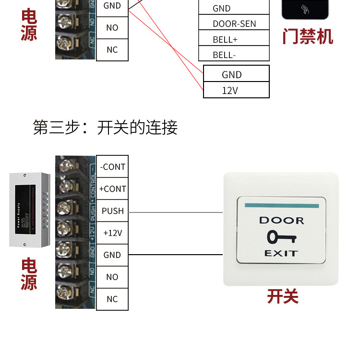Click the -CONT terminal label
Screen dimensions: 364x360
pyautogui.click(x=112, y=167)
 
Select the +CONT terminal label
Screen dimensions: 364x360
pyautogui.click(x=112, y=189)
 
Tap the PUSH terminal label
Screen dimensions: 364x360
pyautogui.click(x=112, y=211)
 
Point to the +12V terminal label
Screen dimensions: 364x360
pyautogui.click(x=112, y=233)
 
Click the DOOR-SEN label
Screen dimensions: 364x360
pyautogui.click(x=234, y=23)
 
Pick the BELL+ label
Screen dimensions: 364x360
pyautogui.click(x=225, y=39)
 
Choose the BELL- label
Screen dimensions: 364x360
pyautogui.click(x=224, y=55)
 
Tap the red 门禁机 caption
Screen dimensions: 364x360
pyautogui.click(x=307, y=36)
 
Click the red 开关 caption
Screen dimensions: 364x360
pyautogui.click(x=283, y=296)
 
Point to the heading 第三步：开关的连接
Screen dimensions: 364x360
pyautogui.click(x=105, y=128)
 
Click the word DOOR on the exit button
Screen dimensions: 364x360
pyautogui.click(x=282, y=221)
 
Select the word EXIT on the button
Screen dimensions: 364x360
pyautogui.click(x=281, y=253)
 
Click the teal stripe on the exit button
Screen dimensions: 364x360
pyautogui.click(x=281, y=206)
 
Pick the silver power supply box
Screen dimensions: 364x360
pyautogui.click(x=29, y=210)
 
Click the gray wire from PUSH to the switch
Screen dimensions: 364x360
pyautogui.click(x=175, y=212)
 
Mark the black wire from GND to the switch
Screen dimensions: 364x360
pyautogui.click(x=175, y=255)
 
